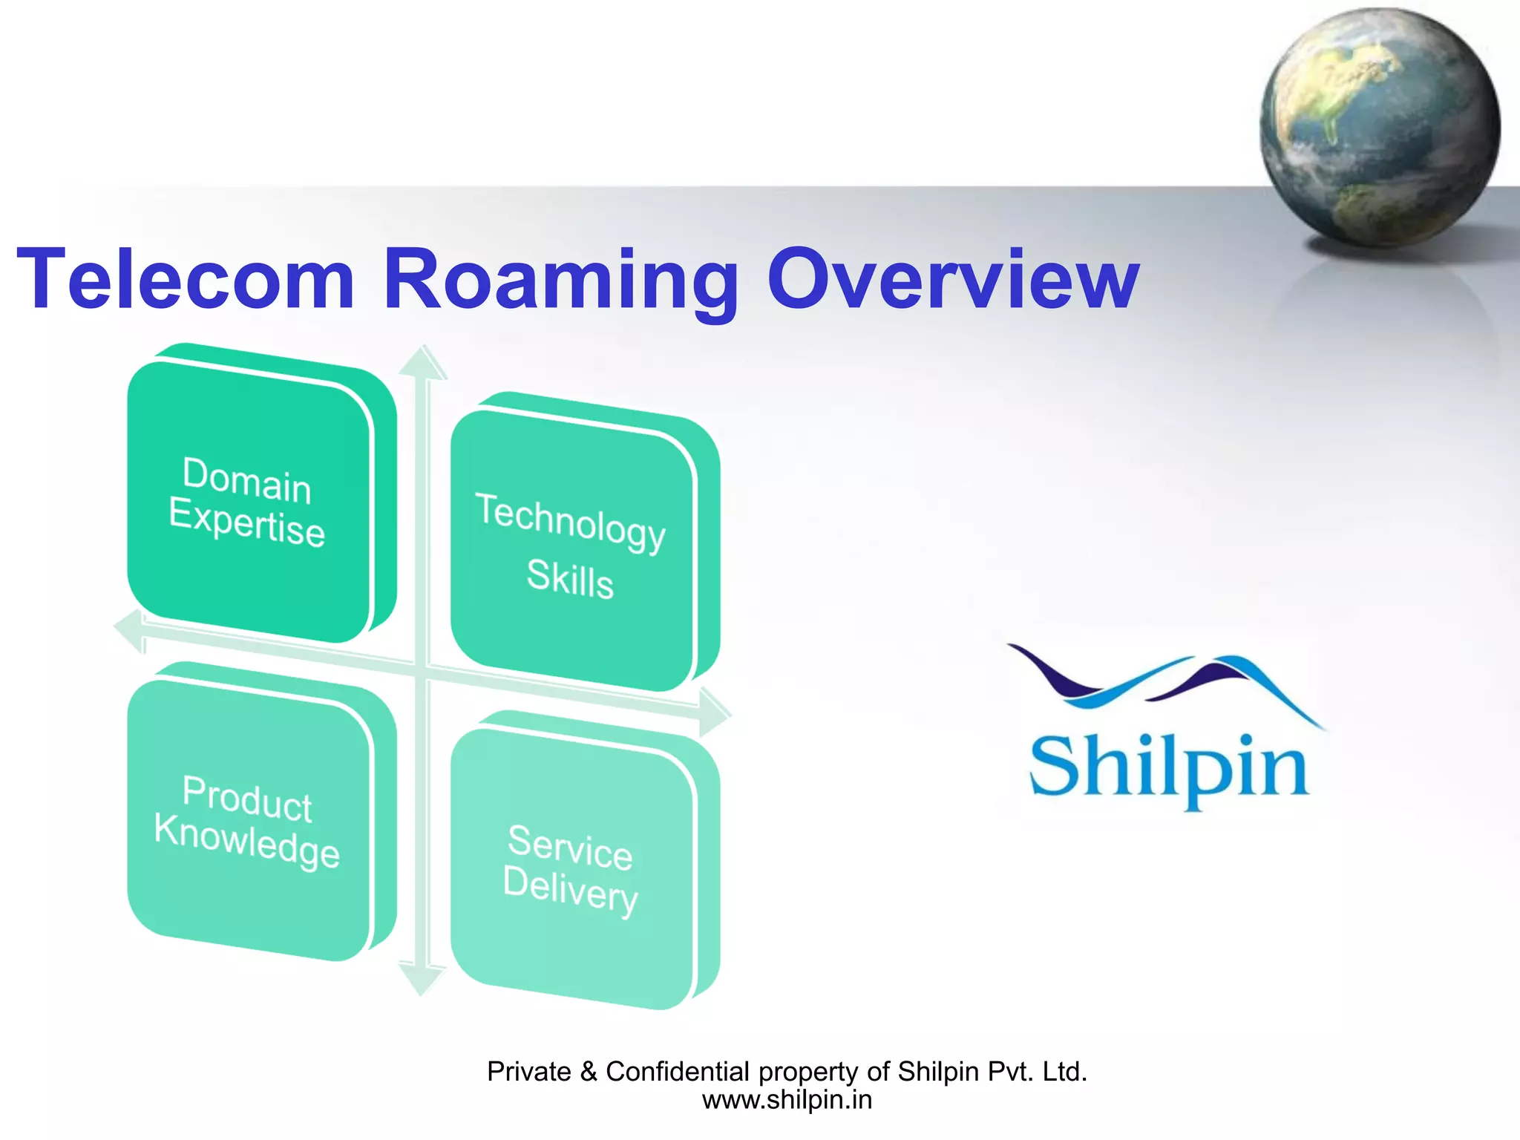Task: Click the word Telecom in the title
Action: coord(186,280)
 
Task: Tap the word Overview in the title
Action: coord(953,280)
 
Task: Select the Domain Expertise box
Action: coord(249,502)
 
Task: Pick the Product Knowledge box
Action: coord(249,820)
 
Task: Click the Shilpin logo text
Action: coord(1168,768)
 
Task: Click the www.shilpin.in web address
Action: coord(787,1100)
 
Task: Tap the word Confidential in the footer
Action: coord(678,1072)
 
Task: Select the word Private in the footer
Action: coord(529,1072)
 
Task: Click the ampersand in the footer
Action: coord(589,1072)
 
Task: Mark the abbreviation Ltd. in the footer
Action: coord(1065,1072)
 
